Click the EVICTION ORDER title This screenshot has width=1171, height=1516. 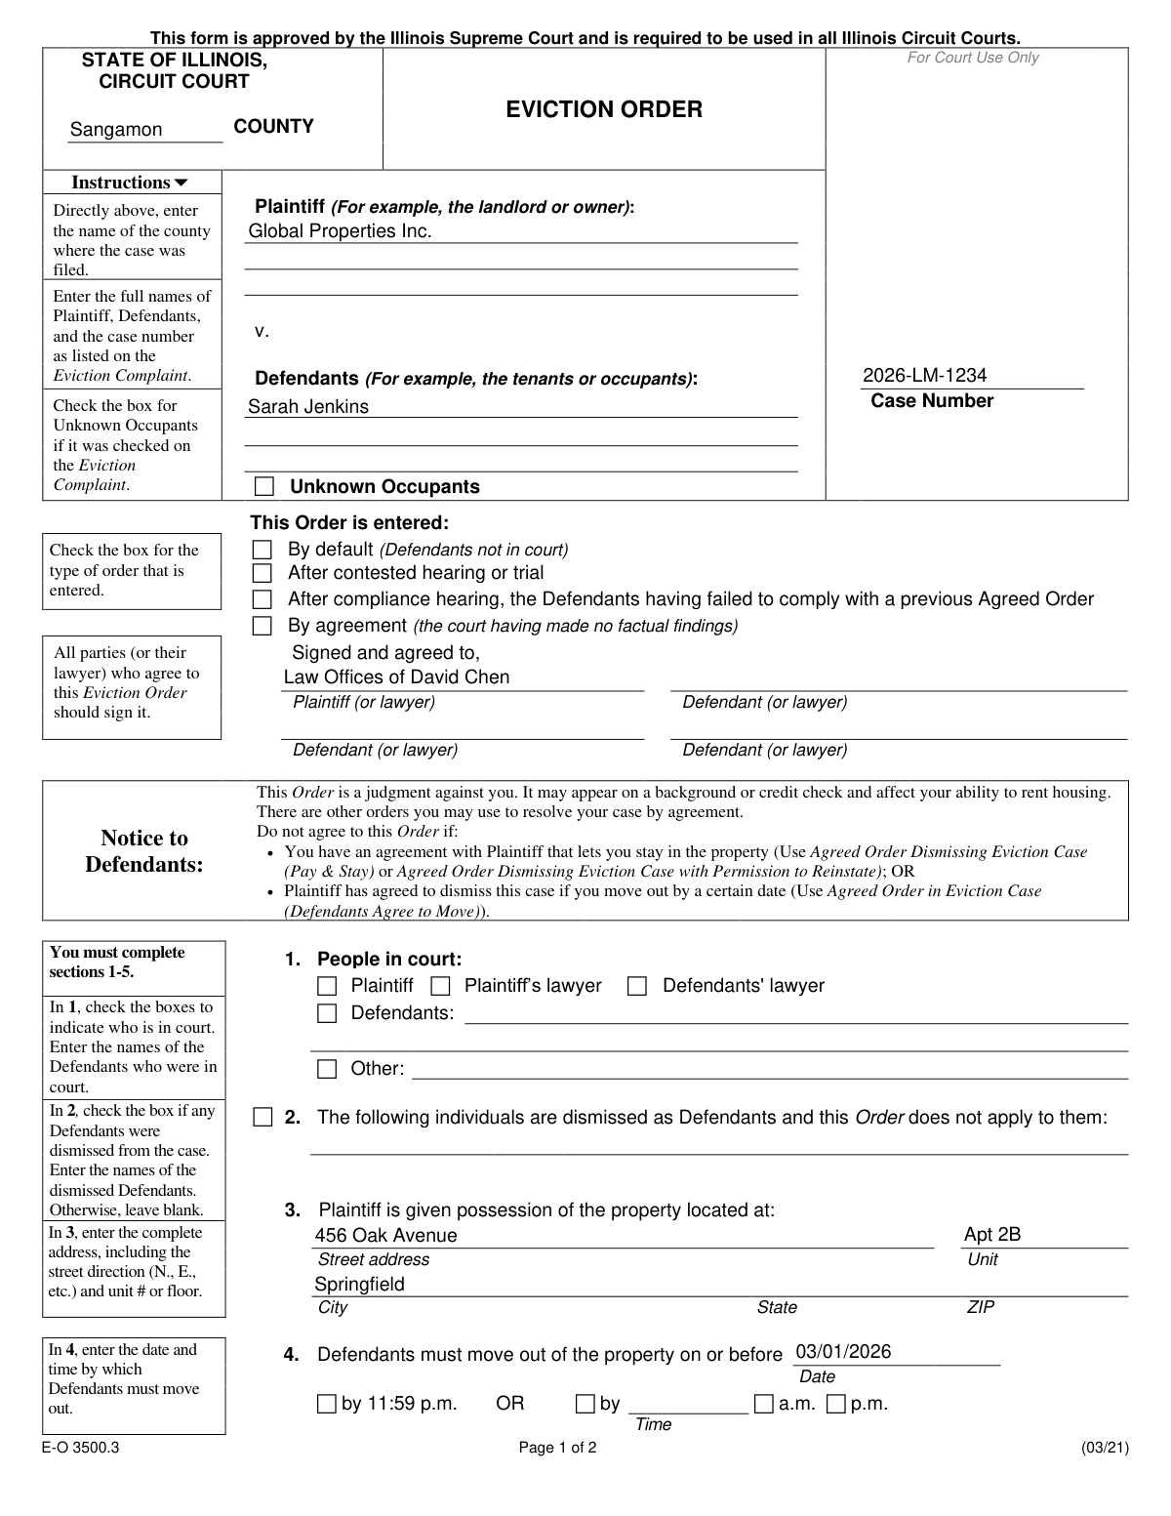(x=603, y=109)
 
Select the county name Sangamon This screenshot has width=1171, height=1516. (x=116, y=130)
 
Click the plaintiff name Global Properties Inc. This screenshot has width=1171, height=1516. (x=340, y=231)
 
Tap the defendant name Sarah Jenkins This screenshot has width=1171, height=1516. (x=308, y=407)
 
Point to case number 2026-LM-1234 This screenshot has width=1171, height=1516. (x=924, y=376)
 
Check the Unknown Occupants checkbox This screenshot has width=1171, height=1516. (x=264, y=487)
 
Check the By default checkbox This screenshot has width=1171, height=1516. (x=262, y=550)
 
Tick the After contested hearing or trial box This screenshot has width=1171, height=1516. (x=262, y=573)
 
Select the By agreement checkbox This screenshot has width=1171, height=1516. (x=262, y=626)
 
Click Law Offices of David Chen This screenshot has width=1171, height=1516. (x=396, y=677)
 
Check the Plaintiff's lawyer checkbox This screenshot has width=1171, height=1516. (x=441, y=986)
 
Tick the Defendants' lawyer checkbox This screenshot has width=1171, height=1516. (x=637, y=986)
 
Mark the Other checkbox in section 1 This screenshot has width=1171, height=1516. (x=327, y=1069)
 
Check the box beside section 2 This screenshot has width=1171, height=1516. (x=262, y=1118)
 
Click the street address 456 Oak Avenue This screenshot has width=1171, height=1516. (x=385, y=1236)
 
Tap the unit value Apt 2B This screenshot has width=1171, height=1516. (x=991, y=1235)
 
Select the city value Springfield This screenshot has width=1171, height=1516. (x=359, y=1285)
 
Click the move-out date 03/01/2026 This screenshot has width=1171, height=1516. (x=843, y=1352)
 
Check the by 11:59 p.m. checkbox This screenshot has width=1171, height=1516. (x=326, y=1405)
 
